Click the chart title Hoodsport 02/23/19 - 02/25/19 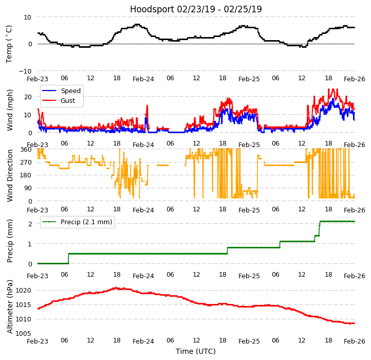196,9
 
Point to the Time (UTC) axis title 196,351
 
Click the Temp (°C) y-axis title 9,44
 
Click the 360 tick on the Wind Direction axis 26,150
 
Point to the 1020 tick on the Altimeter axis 24,291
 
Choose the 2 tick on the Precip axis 30,224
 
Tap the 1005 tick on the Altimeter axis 24,334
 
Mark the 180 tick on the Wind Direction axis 26,175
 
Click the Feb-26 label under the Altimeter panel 355,341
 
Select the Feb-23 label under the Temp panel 38,79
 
